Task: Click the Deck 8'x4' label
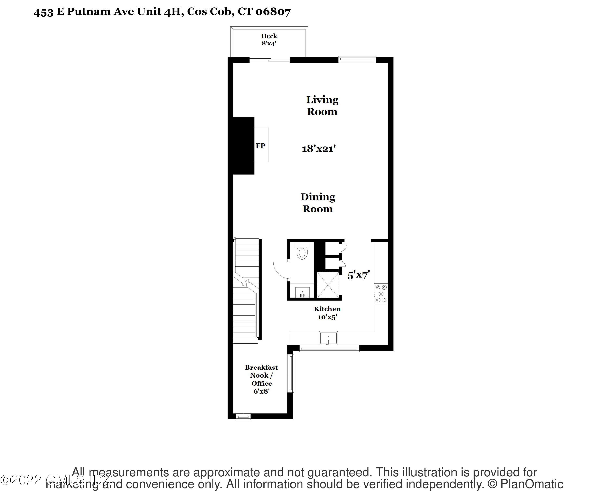(x=269, y=40)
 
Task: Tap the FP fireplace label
(x=260, y=146)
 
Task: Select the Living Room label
(x=322, y=106)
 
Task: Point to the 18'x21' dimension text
(x=319, y=149)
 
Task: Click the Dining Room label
(x=318, y=203)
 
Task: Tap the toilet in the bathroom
(x=302, y=252)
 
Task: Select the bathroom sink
(x=302, y=292)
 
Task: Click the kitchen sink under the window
(x=328, y=338)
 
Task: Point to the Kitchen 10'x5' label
(x=327, y=313)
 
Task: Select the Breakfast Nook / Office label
(x=261, y=379)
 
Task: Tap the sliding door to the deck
(x=270, y=60)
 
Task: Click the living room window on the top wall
(x=357, y=59)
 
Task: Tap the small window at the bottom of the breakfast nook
(x=243, y=417)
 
